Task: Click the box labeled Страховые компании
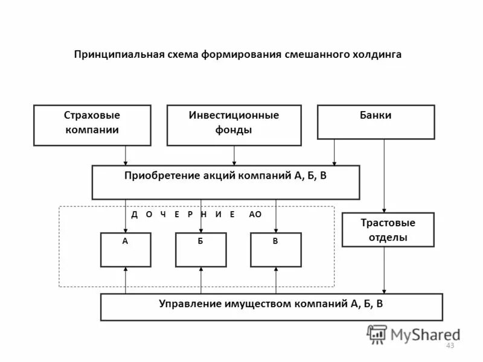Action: point(92,125)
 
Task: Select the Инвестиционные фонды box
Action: point(234,125)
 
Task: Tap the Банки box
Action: point(376,122)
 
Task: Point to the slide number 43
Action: point(449,346)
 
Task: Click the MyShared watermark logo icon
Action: point(377,334)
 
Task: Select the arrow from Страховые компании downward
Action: point(126,156)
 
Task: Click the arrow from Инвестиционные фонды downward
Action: point(234,156)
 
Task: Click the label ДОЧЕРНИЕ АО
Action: point(196,215)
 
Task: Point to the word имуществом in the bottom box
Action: point(263,303)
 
